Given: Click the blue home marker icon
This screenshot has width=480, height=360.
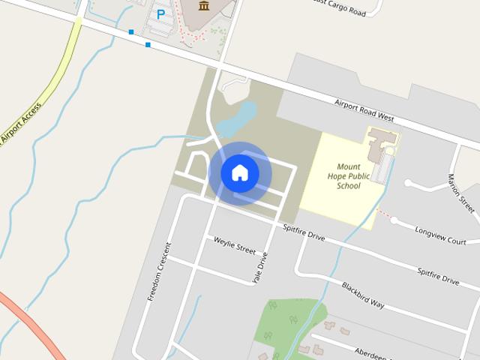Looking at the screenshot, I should (239, 172).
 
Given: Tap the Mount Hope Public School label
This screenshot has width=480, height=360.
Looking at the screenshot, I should (349, 176).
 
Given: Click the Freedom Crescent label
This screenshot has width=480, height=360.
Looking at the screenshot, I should (159, 271).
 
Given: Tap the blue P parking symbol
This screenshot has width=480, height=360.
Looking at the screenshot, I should (160, 13).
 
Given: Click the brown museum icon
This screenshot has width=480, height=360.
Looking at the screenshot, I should (204, 6).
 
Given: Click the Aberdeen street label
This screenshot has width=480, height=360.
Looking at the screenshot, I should (373, 352).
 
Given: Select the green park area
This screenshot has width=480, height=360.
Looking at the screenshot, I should (289, 322).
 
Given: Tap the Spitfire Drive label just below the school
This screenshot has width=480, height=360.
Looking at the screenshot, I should (304, 232).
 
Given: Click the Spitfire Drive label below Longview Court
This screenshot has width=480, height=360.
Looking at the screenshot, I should (439, 275).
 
